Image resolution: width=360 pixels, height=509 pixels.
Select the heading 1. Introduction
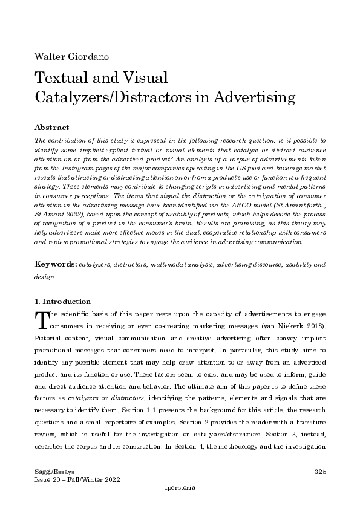(63, 302)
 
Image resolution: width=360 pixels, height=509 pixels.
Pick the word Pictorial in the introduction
(50, 339)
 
